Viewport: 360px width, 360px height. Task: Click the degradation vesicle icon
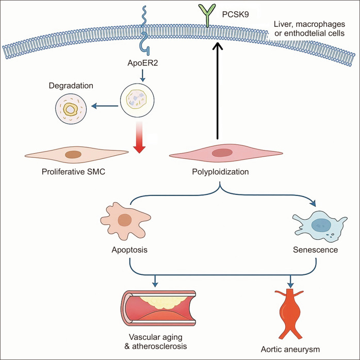coord(70,107)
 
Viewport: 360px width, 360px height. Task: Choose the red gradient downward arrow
coord(139,137)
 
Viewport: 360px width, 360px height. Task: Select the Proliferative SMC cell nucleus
coord(73,154)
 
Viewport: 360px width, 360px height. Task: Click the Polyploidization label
coord(223,171)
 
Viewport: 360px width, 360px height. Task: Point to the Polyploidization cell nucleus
coord(223,153)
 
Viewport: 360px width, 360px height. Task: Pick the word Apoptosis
coord(129,251)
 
